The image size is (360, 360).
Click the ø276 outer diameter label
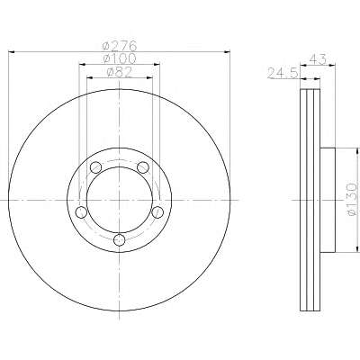120,46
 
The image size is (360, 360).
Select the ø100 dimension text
120,58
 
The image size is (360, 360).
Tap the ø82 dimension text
120,72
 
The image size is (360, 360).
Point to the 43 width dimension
318,58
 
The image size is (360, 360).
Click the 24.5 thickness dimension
282,73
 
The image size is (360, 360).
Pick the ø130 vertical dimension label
352,199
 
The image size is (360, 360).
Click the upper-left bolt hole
95,167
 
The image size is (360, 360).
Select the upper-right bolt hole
143,167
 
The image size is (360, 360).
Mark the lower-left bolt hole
81,212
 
